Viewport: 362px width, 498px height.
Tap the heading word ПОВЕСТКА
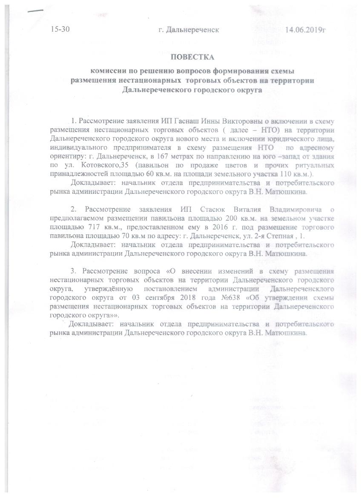[192, 57]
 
